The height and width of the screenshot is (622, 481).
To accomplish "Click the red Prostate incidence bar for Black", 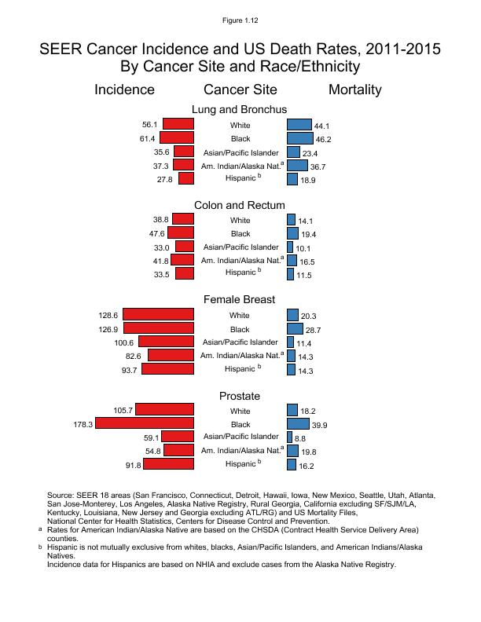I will [x=145, y=424].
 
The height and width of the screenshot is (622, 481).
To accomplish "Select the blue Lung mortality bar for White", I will [x=299, y=124].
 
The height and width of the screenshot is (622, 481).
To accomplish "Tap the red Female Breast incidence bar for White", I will [x=158, y=315].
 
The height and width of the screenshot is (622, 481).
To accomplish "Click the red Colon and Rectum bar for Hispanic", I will [x=185, y=273].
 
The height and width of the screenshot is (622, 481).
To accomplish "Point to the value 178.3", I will [x=83, y=424].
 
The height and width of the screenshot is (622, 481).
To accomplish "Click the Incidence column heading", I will [x=124, y=90].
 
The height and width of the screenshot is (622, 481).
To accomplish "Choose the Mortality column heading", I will [x=354, y=90].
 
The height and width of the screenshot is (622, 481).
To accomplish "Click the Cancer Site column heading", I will [x=240, y=90].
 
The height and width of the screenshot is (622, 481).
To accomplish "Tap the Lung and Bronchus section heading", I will [x=240, y=109].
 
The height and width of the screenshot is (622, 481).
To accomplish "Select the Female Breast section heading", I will [x=240, y=299].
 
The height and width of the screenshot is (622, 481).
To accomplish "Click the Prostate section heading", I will [x=240, y=396].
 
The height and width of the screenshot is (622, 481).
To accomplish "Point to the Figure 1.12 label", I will [x=240, y=19].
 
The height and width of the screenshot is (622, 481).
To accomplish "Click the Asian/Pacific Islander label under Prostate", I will [x=240, y=436].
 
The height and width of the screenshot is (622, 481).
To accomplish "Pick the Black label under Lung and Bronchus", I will [x=240, y=138].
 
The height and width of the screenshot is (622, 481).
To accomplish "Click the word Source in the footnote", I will [x=61, y=496].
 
